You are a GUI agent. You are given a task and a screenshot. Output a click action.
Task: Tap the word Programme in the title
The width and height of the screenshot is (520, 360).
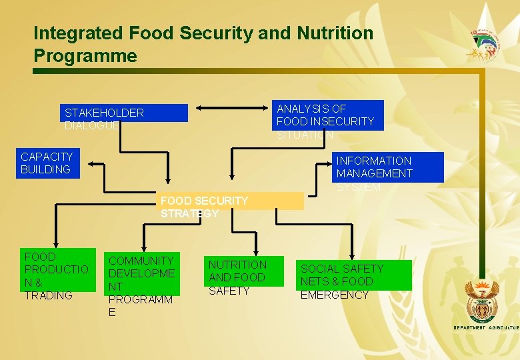pos(85,55)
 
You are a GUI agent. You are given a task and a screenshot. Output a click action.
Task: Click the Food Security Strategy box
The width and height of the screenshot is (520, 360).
pos(230,201)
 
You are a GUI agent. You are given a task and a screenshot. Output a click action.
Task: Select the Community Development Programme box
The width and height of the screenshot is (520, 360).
pos(141,273)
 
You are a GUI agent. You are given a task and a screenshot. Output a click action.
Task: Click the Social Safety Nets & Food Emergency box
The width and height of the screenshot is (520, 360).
pos(354,276)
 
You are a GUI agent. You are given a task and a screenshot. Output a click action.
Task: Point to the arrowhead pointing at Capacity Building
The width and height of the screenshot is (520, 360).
pos(94,163)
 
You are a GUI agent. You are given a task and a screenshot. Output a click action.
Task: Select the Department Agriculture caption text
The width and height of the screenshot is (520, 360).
pos(485,328)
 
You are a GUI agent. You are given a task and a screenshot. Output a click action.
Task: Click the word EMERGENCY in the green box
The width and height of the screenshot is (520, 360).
pos(335,295)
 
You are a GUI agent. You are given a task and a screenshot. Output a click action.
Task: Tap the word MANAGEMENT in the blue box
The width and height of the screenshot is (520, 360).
pos(374,173)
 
